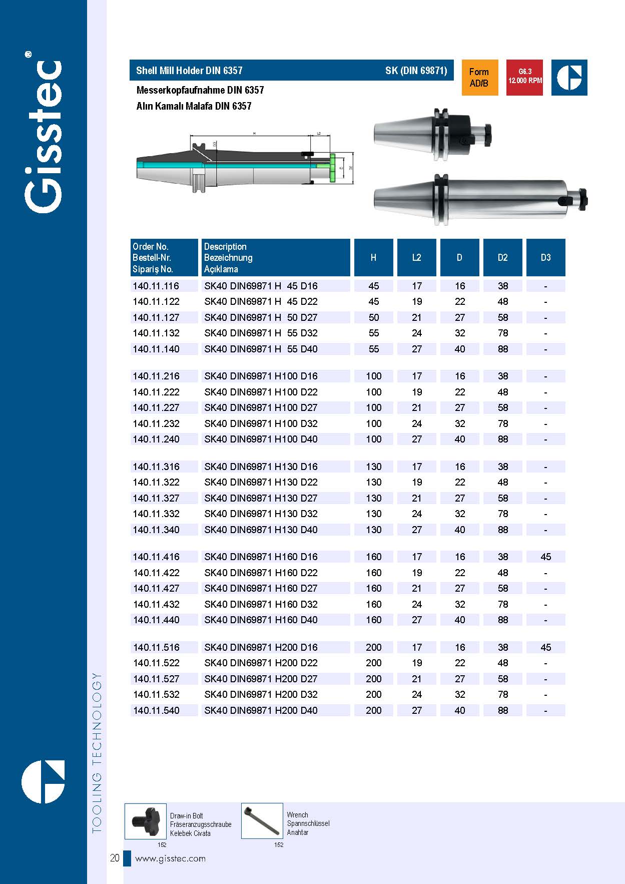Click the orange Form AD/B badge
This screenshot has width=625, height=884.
(x=479, y=78)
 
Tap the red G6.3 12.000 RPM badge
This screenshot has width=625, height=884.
(x=524, y=78)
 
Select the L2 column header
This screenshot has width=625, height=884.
(x=416, y=258)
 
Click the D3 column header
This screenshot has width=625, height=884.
(x=545, y=258)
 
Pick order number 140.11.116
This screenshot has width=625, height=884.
(x=156, y=286)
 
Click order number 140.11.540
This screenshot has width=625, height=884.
(x=156, y=710)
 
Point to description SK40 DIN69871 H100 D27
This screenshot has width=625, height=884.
(x=261, y=408)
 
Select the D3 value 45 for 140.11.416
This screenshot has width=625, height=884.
(x=545, y=557)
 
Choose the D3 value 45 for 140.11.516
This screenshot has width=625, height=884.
(x=545, y=648)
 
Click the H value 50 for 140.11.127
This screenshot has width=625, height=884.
(x=373, y=318)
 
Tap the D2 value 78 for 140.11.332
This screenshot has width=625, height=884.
(x=503, y=514)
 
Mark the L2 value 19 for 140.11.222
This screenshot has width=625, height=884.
(x=416, y=392)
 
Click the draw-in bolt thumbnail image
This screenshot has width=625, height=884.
(x=145, y=821)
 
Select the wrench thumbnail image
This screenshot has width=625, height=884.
(x=262, y=821)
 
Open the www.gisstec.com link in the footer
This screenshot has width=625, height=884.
(x=170, y=858)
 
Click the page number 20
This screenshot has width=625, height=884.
(x=115, y=858)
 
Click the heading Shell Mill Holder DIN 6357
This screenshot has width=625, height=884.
(x=189, y=71)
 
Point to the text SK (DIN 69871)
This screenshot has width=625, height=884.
(x=416, y=71)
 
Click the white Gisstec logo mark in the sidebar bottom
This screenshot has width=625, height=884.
(x=43, y=782)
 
